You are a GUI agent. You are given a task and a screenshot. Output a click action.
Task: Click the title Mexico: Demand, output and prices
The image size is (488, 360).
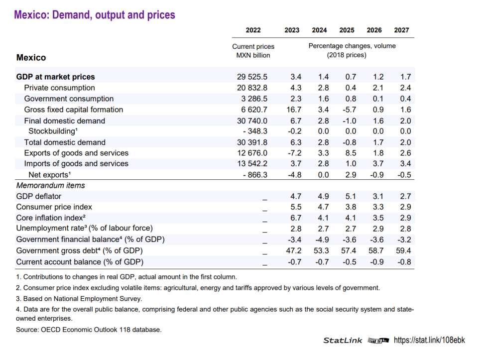95,15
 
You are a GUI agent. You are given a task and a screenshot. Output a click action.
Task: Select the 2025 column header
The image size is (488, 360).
347,30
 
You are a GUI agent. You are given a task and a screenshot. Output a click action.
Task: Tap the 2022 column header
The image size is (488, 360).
253,30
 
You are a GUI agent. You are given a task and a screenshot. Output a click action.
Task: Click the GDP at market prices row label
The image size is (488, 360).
55,77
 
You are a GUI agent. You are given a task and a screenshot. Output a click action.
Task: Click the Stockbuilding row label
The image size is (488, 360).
52,131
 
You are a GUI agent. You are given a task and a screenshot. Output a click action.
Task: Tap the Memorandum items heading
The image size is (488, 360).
50,185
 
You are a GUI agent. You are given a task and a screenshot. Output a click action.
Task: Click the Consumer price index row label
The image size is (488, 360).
54,207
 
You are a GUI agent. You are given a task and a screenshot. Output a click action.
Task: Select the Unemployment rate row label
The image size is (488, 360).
84,229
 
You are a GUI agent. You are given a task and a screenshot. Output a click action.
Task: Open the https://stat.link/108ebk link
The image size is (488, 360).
429,340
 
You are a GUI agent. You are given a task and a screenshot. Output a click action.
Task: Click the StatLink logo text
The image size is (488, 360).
343,341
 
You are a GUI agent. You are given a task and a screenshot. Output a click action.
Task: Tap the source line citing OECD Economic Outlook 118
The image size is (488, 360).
89,329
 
